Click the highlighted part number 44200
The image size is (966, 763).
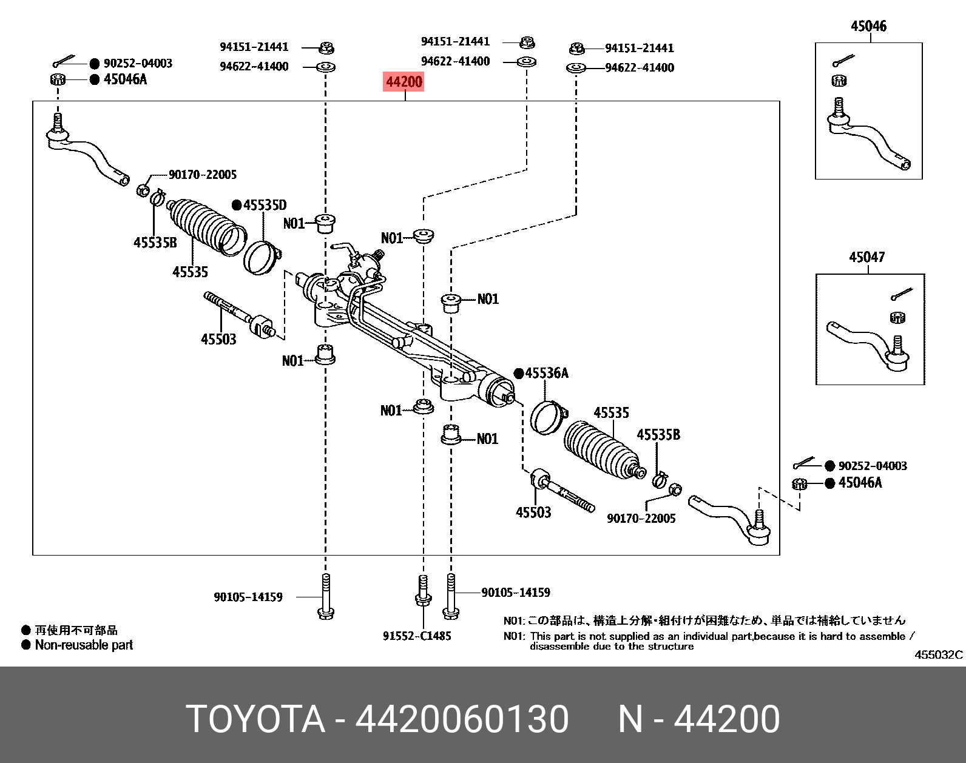[x=404, y=81]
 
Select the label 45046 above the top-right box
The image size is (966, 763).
[x=868, y=26]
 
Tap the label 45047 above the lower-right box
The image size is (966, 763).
[x=866, y=257]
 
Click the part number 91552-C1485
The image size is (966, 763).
[x=417, y=636]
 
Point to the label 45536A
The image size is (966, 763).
[x=546, y=373]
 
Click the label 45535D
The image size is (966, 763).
[x=265, y=205]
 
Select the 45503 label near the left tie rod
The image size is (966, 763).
[x=218, y=339]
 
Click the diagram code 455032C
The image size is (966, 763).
[x=938, y=654]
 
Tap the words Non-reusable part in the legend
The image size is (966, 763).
[x=84, y=645]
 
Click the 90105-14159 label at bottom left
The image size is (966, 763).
[x=248, y=597]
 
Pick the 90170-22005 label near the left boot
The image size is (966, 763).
[x=202, y=175]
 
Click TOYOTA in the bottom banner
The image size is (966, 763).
[x=255, y=719]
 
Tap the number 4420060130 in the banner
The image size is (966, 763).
[x=462, y=719]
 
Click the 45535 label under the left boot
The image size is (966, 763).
[x=190, y=272]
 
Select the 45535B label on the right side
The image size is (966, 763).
[x=658, y=435]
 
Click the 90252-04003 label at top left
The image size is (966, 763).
[x=138, y=63]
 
